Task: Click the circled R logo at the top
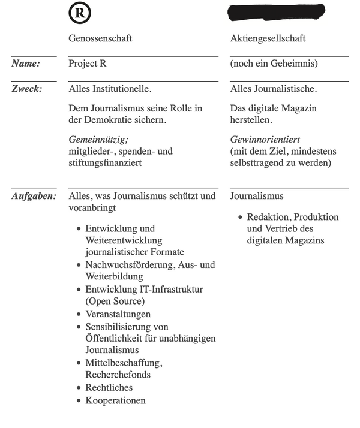point(81,12)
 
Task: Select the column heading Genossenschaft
point(100,38)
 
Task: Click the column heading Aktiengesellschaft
point(268,38)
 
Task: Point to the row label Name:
point(25,63)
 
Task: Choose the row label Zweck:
point(26,89)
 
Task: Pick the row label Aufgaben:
point(34,196)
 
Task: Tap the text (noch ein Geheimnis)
point(274,63)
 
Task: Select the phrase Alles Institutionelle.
point(110,89)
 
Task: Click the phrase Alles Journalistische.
point(273,89)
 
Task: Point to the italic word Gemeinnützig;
point(98,139)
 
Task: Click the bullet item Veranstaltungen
point(118,314)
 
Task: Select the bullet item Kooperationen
point(115,400)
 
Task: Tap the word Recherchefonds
point(118,375)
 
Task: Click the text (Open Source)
point(115,302)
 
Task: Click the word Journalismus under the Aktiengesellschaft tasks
point(257,196)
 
